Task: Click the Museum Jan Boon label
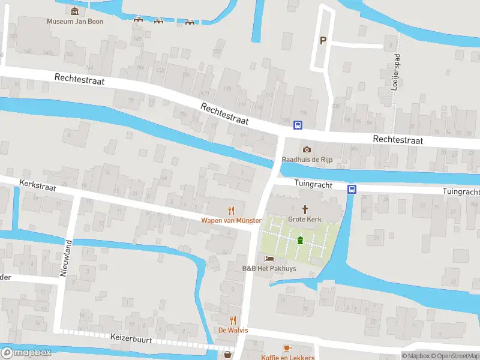click(x=75, y=22)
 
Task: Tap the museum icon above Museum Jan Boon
click(x=74, y=11)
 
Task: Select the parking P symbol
click(x=323, y=41)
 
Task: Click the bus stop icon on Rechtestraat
click(x=298, y=125)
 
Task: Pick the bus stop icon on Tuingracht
click(x=352, y=189)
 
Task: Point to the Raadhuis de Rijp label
click(x=307, y=160)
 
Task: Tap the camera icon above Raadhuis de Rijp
click(x=307, y=149)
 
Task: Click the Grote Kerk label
click(x=305, y=219)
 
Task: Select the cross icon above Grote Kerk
click(x=305, y=209)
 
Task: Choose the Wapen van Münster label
click(x=231, y=220)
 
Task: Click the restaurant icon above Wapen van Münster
click(x=231, y=210)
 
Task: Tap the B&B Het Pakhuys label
click(x=269, y=268)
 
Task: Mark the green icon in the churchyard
click(x=300, y=241)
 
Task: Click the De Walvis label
click(x=233, y=331)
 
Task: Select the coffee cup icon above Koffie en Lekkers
click(x=287, y=348)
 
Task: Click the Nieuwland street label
click(x=66, y=257)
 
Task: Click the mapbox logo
click(x=25, y=353)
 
